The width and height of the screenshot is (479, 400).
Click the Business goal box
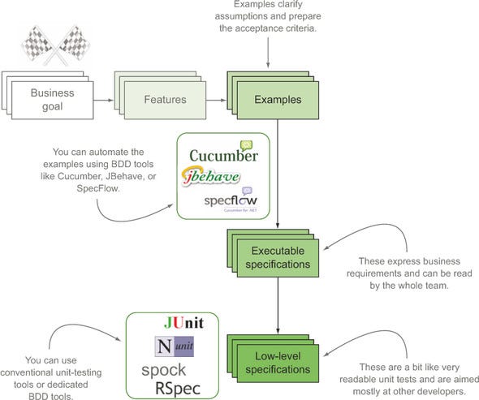(x=52, y=100)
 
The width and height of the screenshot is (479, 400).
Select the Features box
(x=166, y=100)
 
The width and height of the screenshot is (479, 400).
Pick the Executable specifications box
(x=279, y=258)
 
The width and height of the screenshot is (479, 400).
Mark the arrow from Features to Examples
(x=214, y=101)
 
